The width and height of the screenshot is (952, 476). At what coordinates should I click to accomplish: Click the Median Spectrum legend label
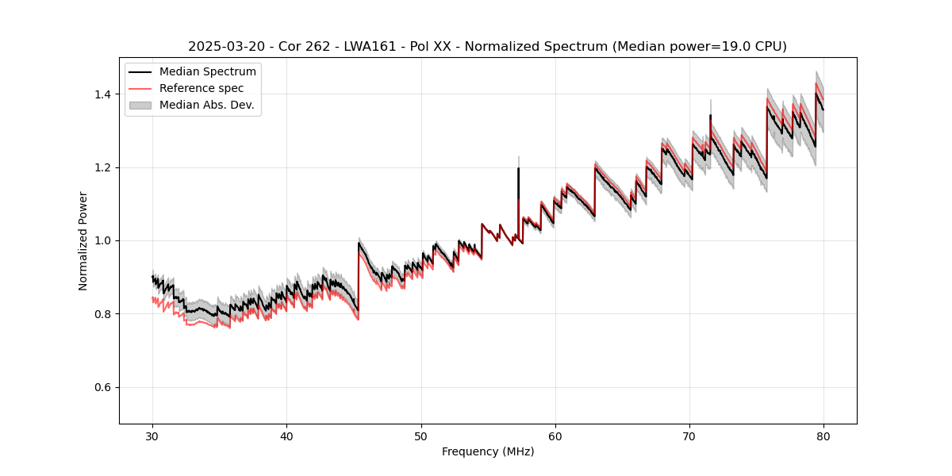(208, 72)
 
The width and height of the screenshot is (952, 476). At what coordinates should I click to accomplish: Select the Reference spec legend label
(202, 88)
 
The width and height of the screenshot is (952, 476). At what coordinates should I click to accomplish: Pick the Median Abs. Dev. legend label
(207, 105)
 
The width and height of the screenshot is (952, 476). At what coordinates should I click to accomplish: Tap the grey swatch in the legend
(144, 105)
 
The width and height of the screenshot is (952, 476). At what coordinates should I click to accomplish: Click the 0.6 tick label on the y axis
(104, 387)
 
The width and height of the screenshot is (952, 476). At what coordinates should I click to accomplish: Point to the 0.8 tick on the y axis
(104, 314)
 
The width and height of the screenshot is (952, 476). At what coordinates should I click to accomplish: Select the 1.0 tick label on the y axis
(104, 240)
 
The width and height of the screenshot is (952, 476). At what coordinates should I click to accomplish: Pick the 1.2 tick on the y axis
(104, 167)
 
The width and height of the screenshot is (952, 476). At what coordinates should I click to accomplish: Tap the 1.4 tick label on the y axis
(104, 94)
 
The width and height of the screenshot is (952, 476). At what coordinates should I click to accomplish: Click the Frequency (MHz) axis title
(488, 451)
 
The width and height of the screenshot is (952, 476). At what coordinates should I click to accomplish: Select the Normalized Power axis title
(83, 240)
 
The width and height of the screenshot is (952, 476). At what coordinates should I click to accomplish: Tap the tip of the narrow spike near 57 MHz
(519, 157)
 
